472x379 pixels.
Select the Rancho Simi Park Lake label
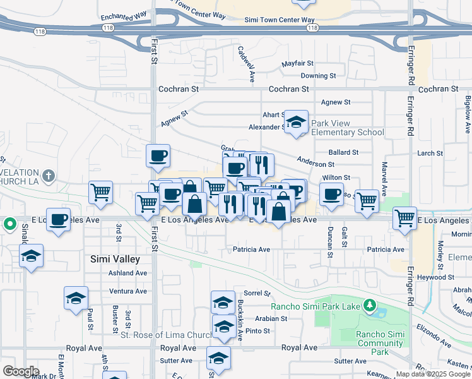[316, 307]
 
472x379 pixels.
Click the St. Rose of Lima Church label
[167, 335]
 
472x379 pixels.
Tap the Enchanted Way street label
[124, 15]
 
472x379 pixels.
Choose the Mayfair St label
[298, 64]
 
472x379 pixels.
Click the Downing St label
[318, 76]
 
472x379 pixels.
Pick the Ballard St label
[344, 153]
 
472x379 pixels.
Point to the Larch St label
[430, 153]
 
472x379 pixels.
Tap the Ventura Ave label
[127, 291]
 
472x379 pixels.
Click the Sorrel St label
[257, 294]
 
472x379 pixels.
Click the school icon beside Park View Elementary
[295, 123]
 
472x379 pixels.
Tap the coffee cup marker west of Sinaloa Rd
[58, 220]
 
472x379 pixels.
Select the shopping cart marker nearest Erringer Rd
[404, 218]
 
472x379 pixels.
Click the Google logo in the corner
[21, 371]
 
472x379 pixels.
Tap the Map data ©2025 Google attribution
[434, 374]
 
